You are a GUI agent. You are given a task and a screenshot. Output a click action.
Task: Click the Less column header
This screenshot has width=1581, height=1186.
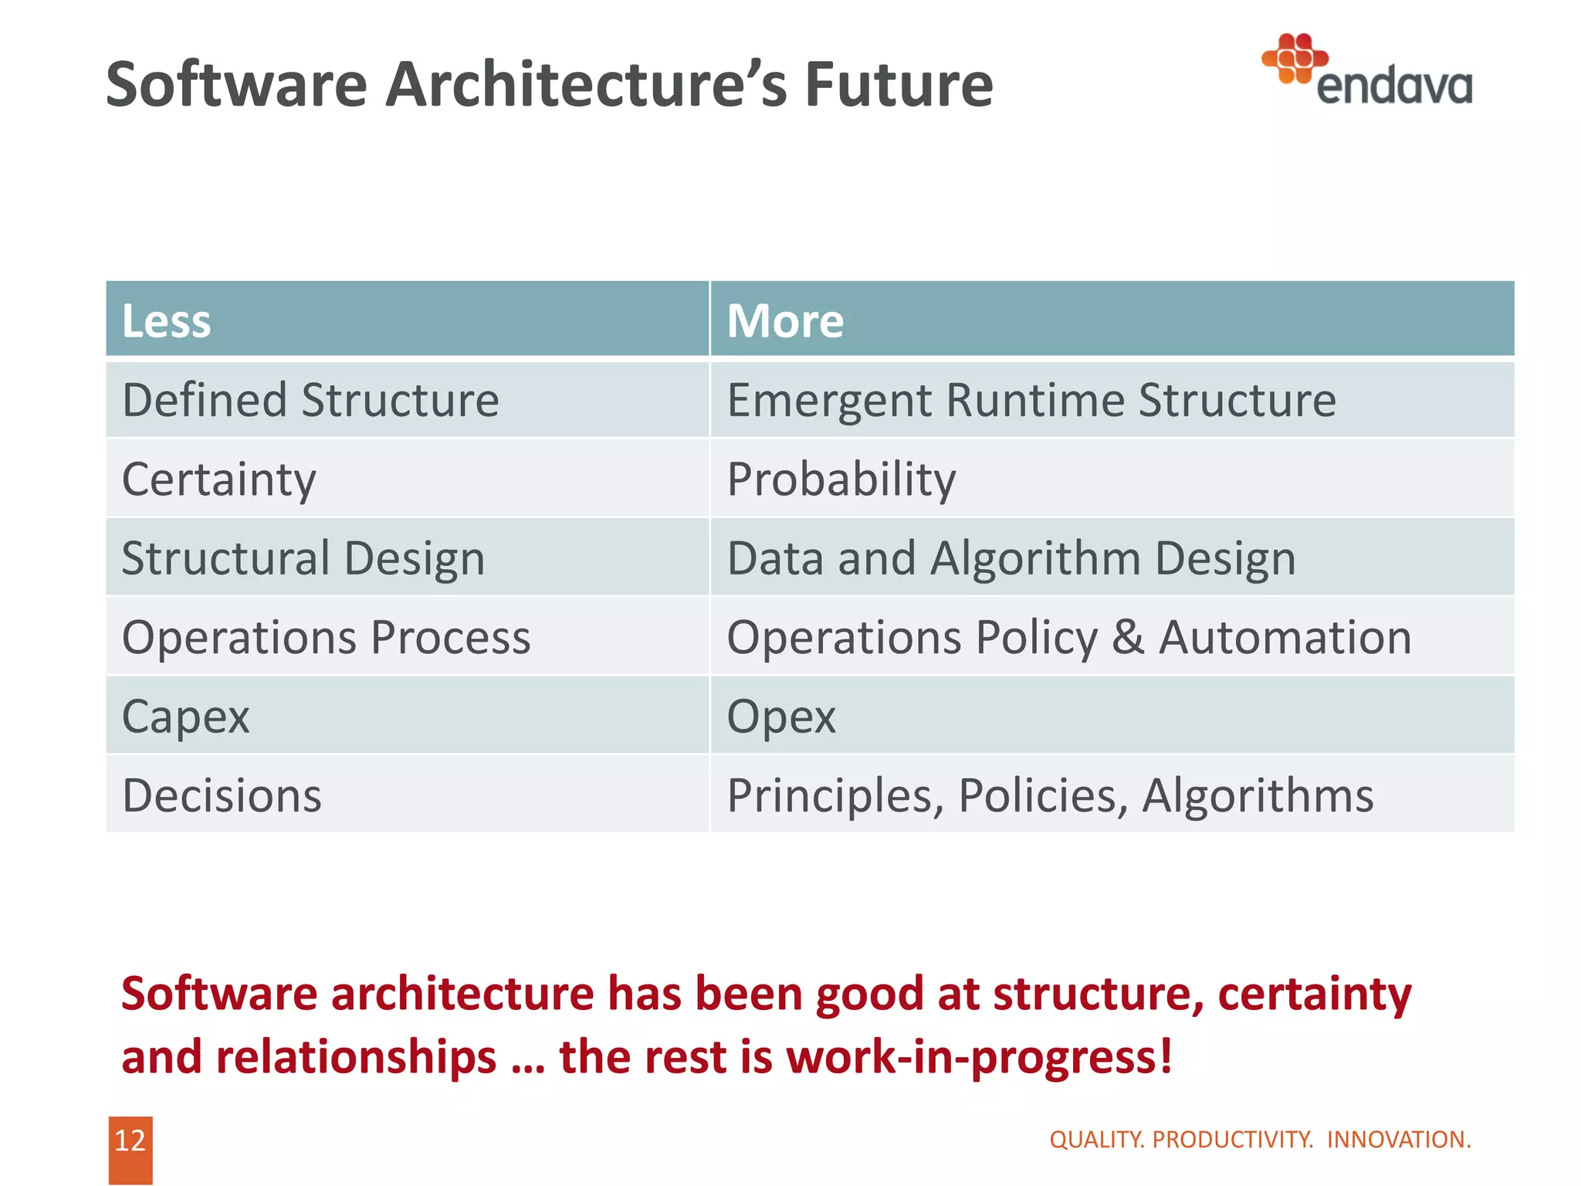click(x=167, y=320)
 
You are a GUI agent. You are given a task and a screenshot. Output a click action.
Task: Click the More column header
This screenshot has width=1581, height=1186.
click(x=785, y=320)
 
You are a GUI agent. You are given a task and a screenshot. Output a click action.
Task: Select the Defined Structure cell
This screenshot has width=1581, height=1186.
click(x=310, y=401)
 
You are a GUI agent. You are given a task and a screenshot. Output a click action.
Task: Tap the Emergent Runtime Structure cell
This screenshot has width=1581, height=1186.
click(x=1031, y=401)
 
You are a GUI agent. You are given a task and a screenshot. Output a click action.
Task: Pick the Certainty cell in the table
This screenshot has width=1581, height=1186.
click(x=219, y=479)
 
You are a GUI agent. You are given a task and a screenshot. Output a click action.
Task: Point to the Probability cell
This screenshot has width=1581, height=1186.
click(x=841, y=479)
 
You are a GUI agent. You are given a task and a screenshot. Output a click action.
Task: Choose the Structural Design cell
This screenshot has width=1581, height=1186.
click(x=303, y=558)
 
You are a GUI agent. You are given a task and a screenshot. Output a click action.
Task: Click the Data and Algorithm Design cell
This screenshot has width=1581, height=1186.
click(x=1011, y=558)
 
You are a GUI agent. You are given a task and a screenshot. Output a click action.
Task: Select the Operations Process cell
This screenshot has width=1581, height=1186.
click(x=327, y=638)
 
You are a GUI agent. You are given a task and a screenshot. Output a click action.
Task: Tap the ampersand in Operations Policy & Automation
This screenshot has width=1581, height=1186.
click(x=1128, y=638)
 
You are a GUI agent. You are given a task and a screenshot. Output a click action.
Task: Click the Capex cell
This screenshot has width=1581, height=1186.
click(x=186, y=717)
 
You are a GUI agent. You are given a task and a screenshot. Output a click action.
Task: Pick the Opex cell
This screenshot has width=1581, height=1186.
click(x=781, y=717)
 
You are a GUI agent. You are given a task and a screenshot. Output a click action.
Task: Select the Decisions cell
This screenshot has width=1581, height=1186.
click(x=222, y=796)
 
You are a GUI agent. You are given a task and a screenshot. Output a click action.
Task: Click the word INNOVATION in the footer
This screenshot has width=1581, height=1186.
click(x=1398, y=1140)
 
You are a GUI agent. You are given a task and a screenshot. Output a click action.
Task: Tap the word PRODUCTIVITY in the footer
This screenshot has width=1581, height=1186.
click(x=1232, y=1140)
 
